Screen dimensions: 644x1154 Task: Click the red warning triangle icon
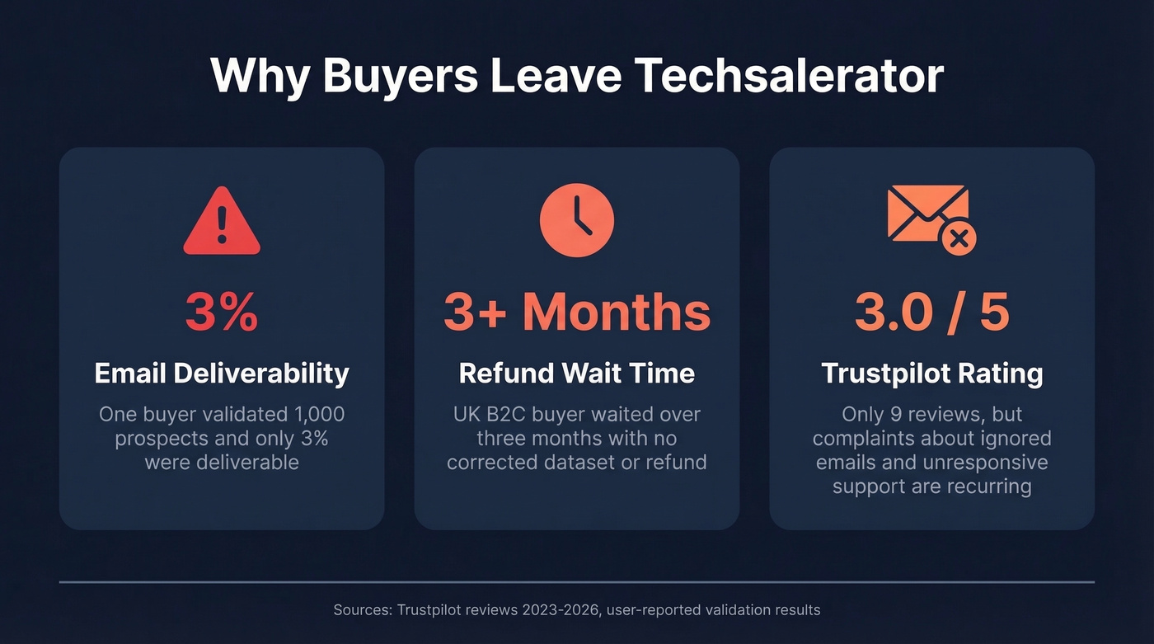click(x=222, y=222)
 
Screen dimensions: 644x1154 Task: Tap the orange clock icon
click(x=577, y=220)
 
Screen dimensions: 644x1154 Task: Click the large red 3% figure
click(x=222, y=312)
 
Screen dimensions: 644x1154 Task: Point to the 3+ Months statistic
click(x=577, y=312)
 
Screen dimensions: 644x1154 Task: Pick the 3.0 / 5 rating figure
click(x=931, y=312)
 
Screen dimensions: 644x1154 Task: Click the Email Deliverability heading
click(x=222, y=374)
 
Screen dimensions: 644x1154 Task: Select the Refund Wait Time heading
click(x=577, y=374)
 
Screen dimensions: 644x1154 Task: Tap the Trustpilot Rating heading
click(x=931, y=374)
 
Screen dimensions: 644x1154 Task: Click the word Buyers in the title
click(x=401, y=76)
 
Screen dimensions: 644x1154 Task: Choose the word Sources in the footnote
click(x=360, y=610)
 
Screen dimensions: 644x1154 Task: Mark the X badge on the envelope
click(x=957, y=239)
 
